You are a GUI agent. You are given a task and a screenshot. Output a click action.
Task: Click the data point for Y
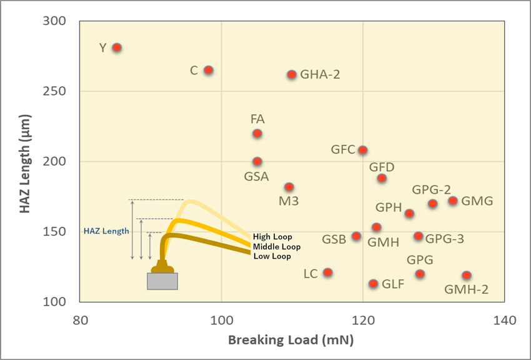tap(117, 47)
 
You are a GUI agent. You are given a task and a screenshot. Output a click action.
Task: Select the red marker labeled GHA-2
tap(292, 74)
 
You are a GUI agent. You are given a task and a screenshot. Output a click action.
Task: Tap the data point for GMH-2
tap(467, 276)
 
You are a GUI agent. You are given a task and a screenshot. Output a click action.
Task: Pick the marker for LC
tap(328, 272)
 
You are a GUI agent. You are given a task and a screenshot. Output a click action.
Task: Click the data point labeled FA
tap(257, 134)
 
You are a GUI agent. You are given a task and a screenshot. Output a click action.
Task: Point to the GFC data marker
tap(362, 150)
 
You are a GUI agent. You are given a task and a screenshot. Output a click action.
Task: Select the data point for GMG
tap(453, 201)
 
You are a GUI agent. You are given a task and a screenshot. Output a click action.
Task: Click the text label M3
tap(289, 201)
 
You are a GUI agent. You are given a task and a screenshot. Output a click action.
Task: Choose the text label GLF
tap(393, 284)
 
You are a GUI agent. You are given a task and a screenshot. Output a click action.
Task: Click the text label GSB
tap(334, 239)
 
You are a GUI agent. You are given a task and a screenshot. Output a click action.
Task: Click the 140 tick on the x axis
tap(504, 321)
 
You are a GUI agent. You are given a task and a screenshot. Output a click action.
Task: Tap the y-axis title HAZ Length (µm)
tap(25, 161)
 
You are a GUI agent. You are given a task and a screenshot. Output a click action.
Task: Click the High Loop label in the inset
tap(273, 237)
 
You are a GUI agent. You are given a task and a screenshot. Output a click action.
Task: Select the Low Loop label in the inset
tap(272, 256)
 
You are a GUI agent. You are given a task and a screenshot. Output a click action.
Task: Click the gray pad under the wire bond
tap(162, 281)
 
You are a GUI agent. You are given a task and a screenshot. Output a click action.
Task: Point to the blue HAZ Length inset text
tap(106, 231)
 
